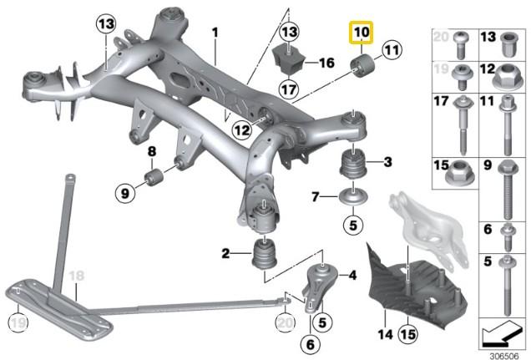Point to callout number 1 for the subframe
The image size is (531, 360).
[x=214, y=33]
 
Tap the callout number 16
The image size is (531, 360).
[x=326, y=62]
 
